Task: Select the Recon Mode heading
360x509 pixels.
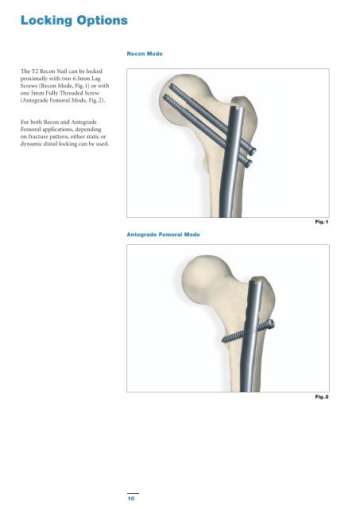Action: click(x=145, y=54)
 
